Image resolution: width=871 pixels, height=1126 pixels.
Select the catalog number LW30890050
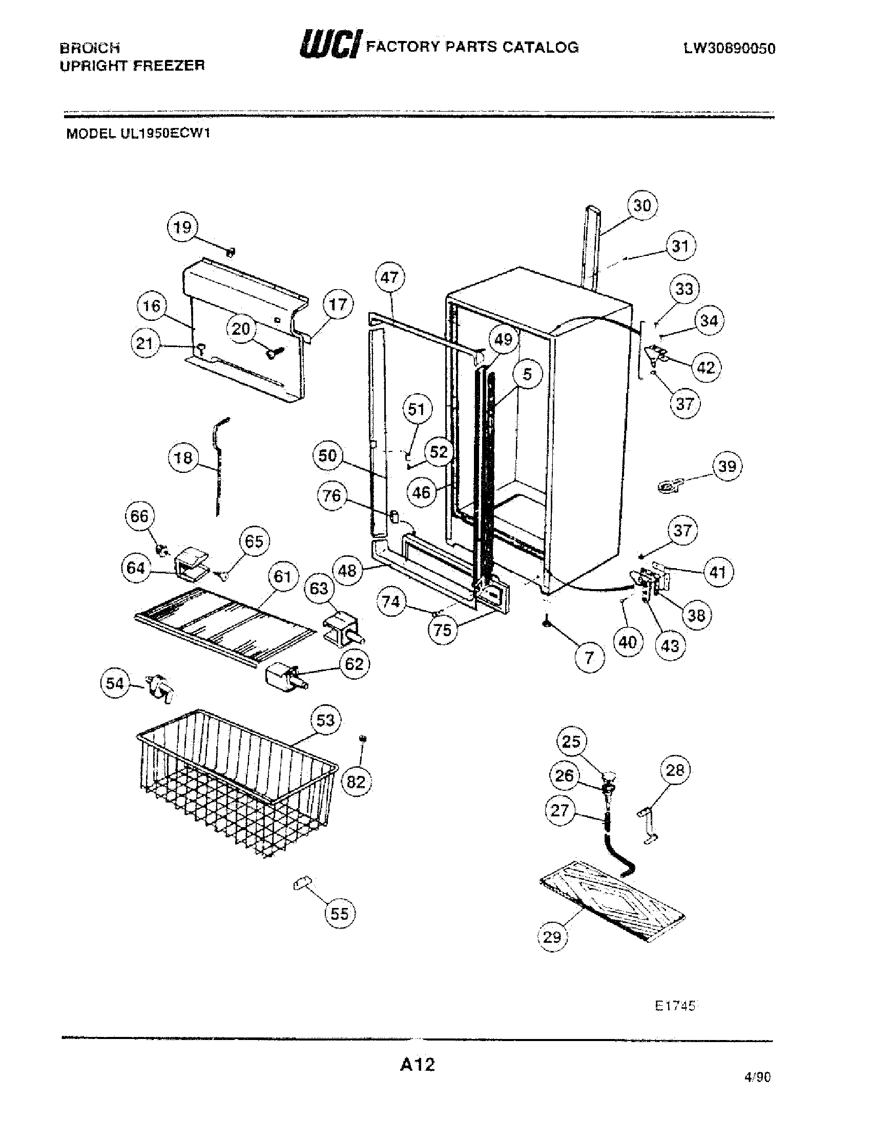[x=729, y=49]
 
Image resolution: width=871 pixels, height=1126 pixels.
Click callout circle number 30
[x=642, y=206]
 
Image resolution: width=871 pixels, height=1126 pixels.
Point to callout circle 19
[x=182, y=227]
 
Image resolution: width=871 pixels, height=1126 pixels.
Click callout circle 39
[x=727, y=467]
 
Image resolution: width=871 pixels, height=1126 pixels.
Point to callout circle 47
[x=389, y=278]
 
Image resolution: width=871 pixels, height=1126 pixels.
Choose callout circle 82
[x=356, y=782]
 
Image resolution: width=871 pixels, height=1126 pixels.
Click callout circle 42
[x=706, y=367]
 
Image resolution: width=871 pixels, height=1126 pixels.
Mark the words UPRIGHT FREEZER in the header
[x=133, y=66]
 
